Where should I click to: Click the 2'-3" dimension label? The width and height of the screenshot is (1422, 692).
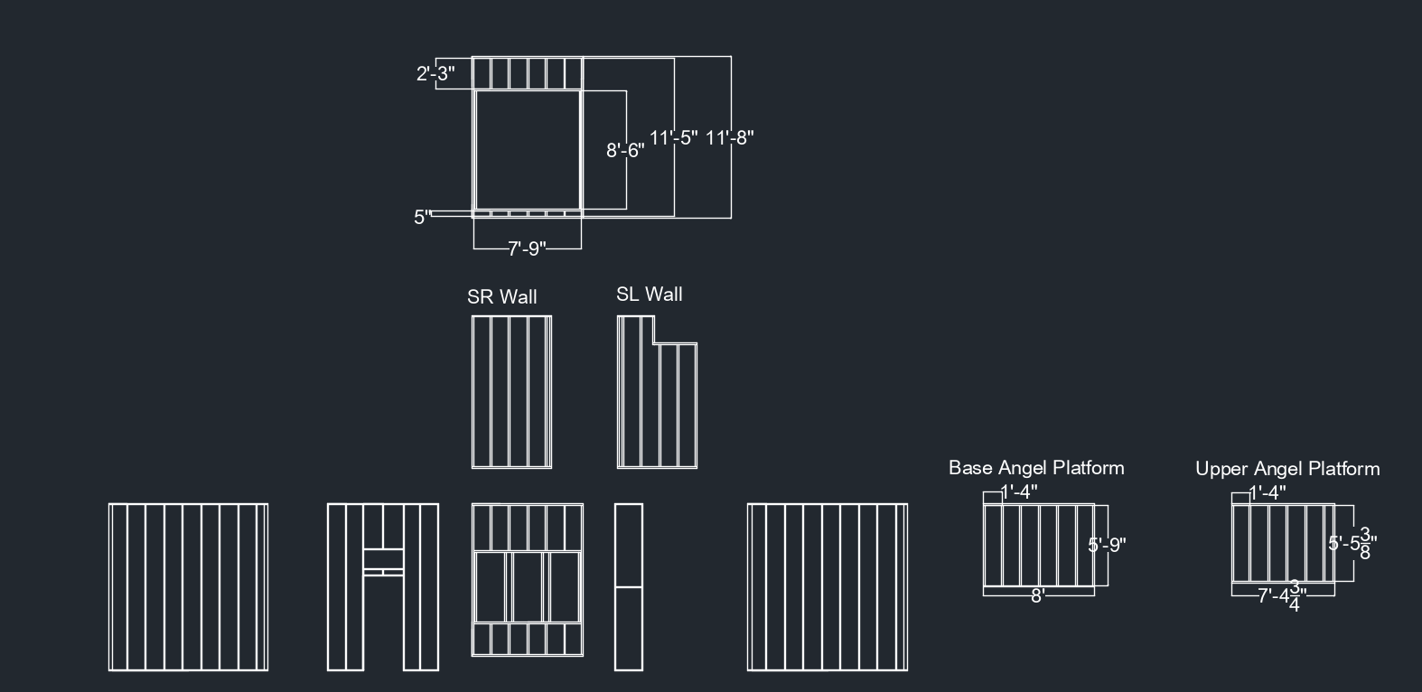435,74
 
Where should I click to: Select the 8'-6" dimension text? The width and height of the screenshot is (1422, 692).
625,151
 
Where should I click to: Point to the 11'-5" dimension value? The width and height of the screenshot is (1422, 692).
674,137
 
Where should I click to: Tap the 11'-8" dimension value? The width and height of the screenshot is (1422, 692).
730,137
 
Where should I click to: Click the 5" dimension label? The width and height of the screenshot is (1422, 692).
423,217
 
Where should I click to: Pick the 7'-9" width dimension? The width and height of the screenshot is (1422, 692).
527,248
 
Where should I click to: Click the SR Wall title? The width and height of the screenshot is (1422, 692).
502,296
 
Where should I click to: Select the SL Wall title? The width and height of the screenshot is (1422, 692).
650,294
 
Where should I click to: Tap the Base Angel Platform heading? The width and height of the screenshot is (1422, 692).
1036,468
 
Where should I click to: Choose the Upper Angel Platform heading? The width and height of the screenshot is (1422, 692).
1287,469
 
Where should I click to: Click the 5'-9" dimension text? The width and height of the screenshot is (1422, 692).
1107,545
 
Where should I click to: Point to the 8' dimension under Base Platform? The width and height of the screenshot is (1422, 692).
1038,595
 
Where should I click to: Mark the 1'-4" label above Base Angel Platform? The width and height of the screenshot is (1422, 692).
1020,491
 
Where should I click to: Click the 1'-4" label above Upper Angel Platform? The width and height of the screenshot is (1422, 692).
1268,492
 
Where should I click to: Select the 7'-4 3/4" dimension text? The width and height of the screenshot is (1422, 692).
1282,595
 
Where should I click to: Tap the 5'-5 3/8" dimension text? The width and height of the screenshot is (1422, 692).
1352,544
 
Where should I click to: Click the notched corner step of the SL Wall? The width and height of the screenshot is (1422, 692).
654,343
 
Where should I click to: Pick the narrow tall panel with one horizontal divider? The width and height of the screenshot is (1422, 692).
629,587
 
